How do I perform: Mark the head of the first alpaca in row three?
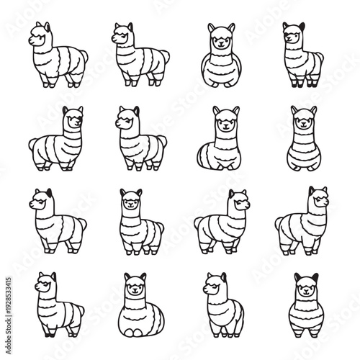[39, 202]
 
